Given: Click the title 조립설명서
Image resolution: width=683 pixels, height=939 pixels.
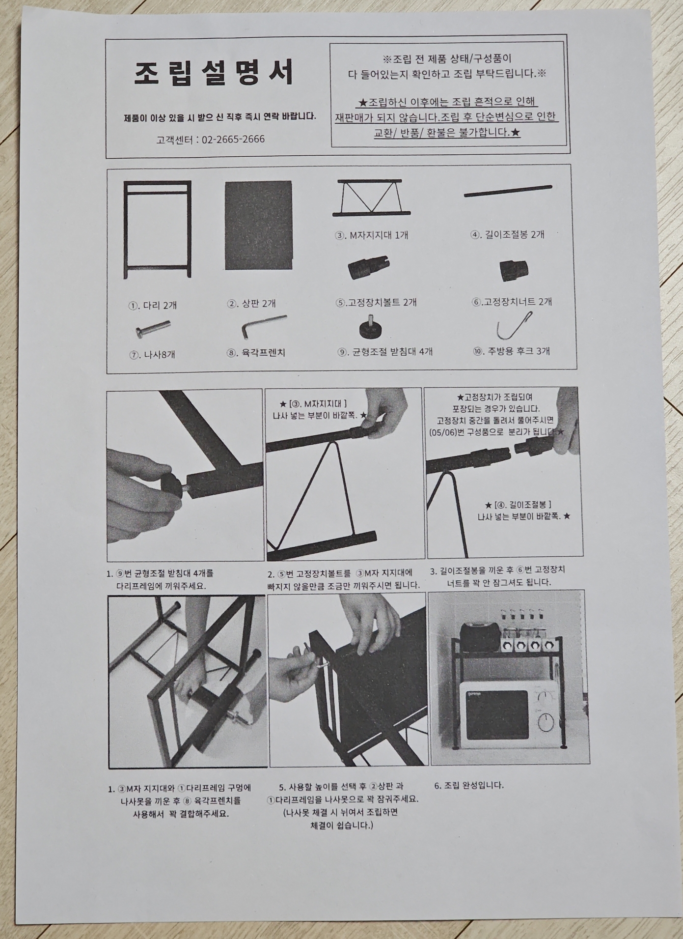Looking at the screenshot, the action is [214, 73].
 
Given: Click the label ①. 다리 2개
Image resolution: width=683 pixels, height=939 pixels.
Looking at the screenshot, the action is [153, 305].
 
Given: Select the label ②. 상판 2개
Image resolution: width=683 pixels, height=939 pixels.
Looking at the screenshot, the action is [251, 304].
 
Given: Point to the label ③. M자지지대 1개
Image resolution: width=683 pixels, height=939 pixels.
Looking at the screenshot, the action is [372, 235].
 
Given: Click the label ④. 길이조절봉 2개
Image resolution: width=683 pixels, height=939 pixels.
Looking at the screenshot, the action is [507, 234].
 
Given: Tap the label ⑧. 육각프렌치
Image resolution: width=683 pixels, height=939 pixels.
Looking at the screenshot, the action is [256, 353].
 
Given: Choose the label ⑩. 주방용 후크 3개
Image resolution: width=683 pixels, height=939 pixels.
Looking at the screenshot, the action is [511, 351].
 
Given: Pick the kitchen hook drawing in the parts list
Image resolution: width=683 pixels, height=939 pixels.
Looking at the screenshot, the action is [514, 325].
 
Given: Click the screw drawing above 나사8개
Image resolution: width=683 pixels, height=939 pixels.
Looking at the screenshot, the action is [153, 329].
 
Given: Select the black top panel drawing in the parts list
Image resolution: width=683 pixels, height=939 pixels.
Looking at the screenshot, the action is [258, 225].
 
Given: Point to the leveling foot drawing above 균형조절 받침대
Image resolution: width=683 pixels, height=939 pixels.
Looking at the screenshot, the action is [371, 329].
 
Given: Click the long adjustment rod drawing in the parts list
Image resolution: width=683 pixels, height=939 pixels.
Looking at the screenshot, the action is [508, 191].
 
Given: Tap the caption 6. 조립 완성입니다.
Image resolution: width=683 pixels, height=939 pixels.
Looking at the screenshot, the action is [469, 785].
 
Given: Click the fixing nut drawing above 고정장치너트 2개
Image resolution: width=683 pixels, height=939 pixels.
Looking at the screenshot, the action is [511, 270].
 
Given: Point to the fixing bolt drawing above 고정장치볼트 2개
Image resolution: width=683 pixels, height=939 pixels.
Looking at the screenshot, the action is [369, 268].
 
